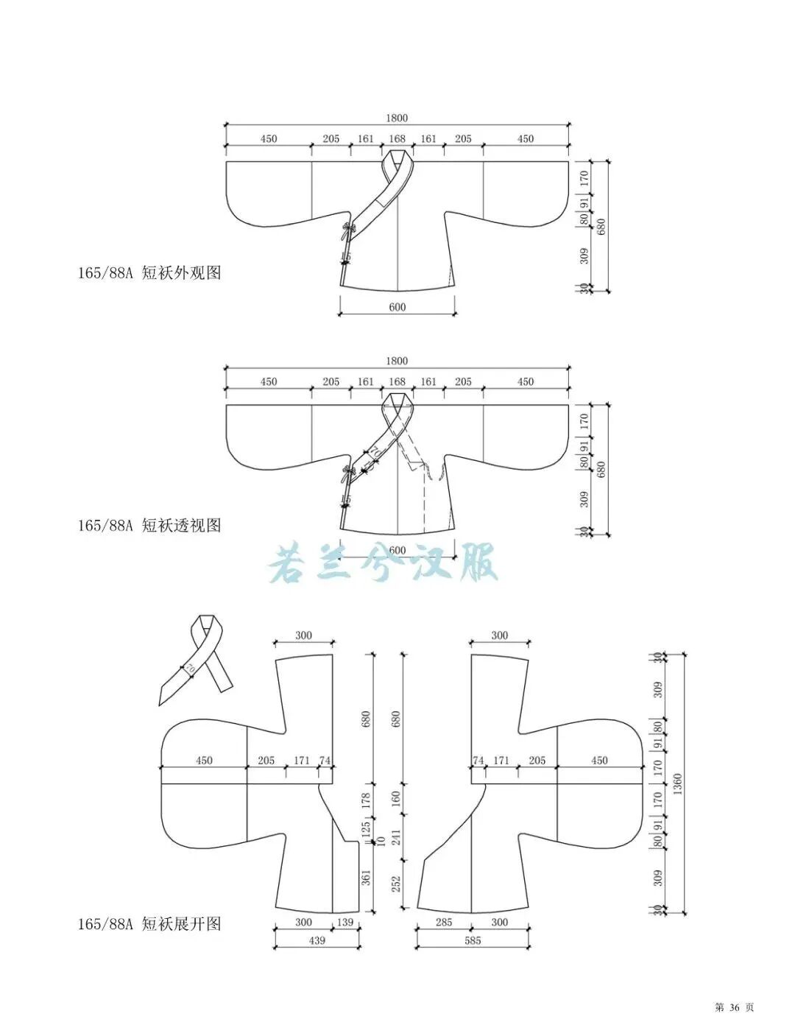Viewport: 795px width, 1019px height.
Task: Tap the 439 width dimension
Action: point(317,940)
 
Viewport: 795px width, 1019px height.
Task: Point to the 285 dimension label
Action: point(443,922)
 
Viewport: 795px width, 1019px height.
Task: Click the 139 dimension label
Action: point(344,922)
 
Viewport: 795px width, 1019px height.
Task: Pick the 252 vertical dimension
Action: point(397,883)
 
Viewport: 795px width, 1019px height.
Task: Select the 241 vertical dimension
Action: point(397,837)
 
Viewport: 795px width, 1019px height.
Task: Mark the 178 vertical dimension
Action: point(367,798)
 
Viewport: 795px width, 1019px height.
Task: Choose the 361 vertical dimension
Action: point(367,877)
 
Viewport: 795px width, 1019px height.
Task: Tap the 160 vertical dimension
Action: point(397,798)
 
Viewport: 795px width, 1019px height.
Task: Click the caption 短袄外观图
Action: point(181,273)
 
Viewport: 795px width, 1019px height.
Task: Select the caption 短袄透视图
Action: point(181,525)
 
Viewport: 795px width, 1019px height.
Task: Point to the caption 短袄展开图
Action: point(181,923)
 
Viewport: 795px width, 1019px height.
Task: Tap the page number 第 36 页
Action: point(734,1006)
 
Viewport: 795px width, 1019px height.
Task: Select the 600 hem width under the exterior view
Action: point(397,307)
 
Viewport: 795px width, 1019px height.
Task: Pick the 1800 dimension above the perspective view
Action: point(396,361)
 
